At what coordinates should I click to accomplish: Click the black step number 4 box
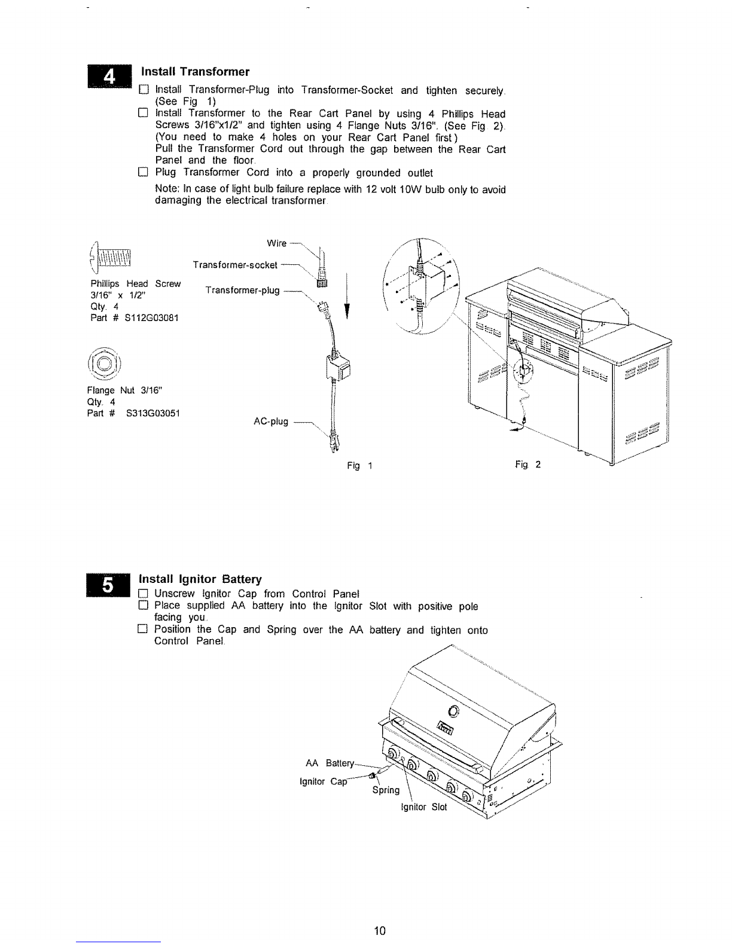tap(109, 77)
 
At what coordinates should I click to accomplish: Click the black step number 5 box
tap(108, 585)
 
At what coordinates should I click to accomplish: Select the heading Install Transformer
tap(195, 72)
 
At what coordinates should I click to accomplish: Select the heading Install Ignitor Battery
tap(200, 579)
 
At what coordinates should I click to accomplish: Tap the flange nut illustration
tap(104, 363)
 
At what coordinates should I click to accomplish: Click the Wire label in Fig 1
tap(277, 243)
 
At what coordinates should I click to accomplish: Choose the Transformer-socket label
tap(235, 265)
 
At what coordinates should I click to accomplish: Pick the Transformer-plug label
tap(242, 290)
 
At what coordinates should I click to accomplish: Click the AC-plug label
tap(271, 421)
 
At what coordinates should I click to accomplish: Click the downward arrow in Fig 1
tap(347, 297)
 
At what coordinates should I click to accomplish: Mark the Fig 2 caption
tap(527, 465)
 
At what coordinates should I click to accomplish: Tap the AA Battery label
tap(330, 763)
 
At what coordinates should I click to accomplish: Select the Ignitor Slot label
tap(424, 807)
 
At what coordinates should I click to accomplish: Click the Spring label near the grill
tap(386, 790)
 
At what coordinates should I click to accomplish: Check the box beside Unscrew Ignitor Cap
tap(143, 594)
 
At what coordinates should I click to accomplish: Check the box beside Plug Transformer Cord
tap(143, 172)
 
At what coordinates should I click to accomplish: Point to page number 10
tap(380, 931)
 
